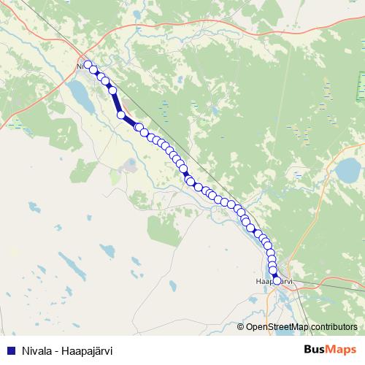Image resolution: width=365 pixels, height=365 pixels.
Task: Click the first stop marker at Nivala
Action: pyautogui.click(x=88, y=65)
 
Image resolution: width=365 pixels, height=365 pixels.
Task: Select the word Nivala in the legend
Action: pyautogui.click(x=36, y=350)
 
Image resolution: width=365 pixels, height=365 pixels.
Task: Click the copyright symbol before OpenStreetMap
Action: pyautogui.click(x=242, y=327)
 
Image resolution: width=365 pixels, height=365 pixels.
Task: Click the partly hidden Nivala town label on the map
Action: pyautogui.click(x=79, y=66)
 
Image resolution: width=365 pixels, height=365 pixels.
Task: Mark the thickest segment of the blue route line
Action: pyautogui.click(x=126, y=119)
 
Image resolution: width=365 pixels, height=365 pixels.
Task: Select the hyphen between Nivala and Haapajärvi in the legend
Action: pyautogui.click(x=58, y=350)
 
